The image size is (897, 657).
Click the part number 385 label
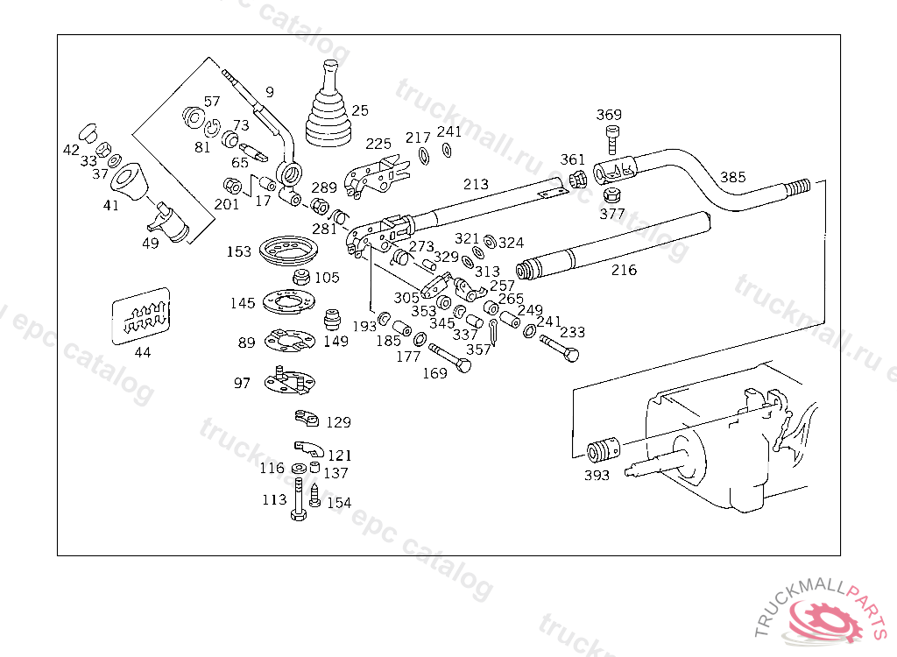click(732, 177)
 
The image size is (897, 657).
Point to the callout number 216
click(624, 270)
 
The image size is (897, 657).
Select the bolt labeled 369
click(611, 138)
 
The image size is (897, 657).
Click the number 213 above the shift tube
click(476, 184)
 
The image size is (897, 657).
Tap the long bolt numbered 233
click(559, 348)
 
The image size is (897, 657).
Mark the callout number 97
click(242, 383)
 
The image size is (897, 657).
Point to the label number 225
click(378, 144)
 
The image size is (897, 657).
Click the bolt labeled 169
click(449, 360)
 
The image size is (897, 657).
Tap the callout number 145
click(243, 303)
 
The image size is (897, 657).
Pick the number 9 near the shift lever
click(269, 91)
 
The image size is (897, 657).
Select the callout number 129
click(338, 422)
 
